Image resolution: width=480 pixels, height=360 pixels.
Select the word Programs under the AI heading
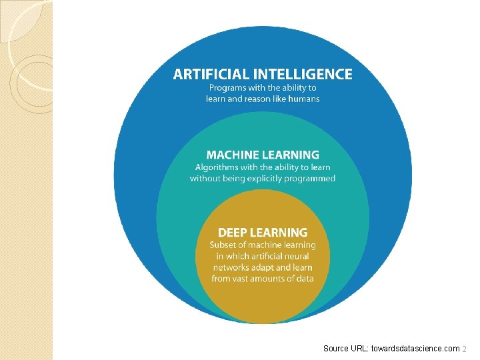pyautogui.click(x=227, y=87)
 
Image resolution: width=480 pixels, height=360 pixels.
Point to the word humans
pyautogui.click(x=304, y=99)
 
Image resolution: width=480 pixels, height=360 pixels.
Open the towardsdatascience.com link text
pyautogui.click(x=419, y=349)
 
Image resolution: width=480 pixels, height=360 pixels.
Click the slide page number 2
pyautogui.click(x=465, y=349)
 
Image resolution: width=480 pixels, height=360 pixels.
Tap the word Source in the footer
pyautogui.click(x=336, y=349)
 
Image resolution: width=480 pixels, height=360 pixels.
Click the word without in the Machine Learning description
pyautogui.click(x=206, y=179)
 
